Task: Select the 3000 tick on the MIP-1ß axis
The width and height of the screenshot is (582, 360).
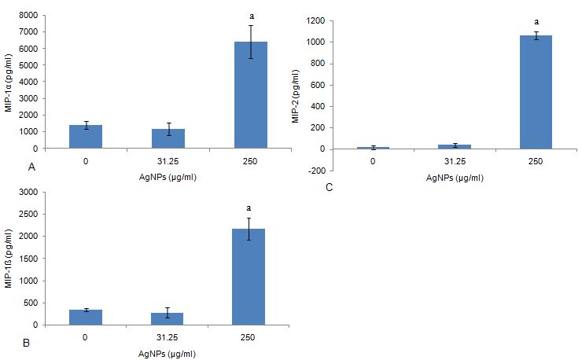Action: (x=28, y=192)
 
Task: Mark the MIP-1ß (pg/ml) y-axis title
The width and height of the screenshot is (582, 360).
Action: (x=9, y=258)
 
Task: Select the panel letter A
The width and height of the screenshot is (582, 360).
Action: (x=31, y=167)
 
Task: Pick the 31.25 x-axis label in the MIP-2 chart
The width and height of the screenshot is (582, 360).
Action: (x=455, y=161)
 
